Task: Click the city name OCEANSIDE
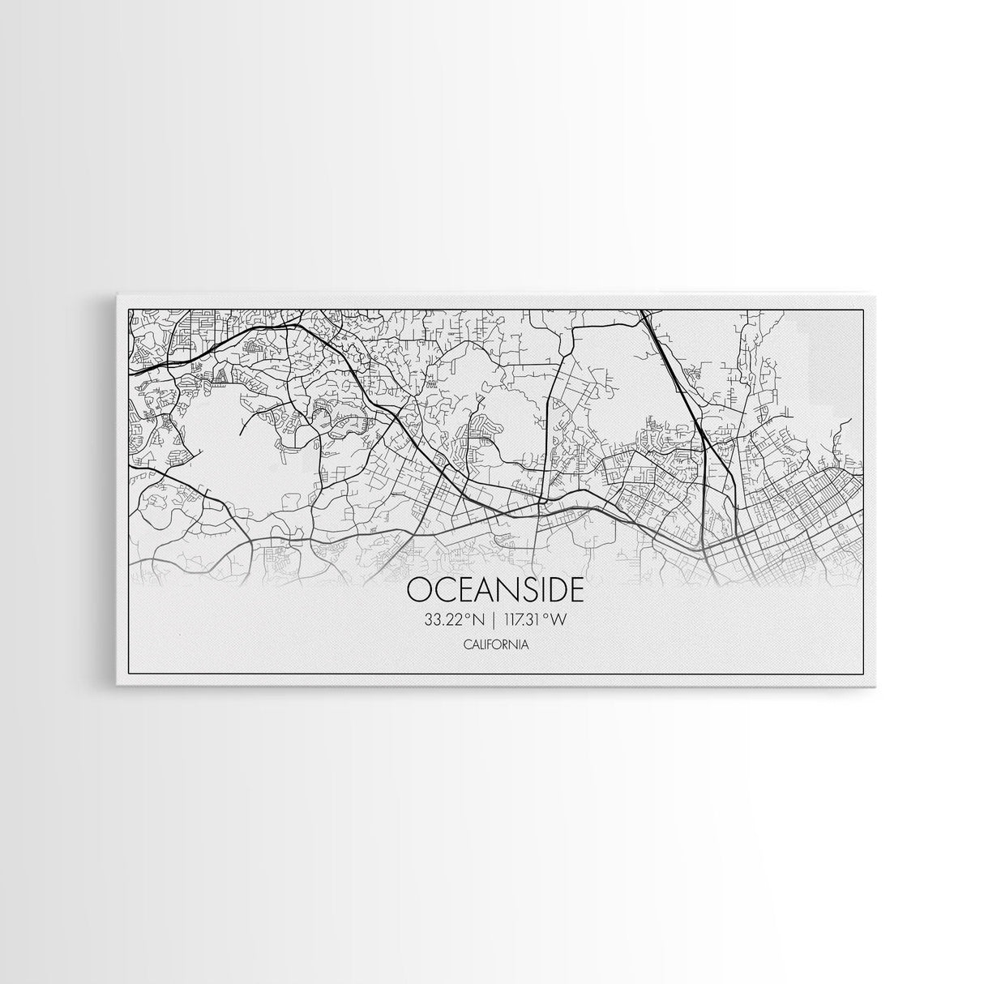495,589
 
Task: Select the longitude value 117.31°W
533,620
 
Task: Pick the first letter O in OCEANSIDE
420,589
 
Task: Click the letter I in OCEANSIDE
538,589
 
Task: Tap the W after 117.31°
558,620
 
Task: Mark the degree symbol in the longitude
546,617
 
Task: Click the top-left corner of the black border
130,310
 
